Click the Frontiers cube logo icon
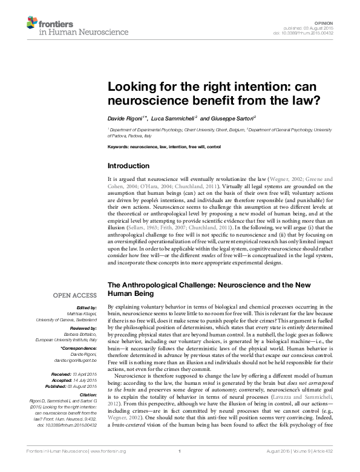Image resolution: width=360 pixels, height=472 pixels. click(x=32, y=24)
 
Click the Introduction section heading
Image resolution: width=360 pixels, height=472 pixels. click(x=128, y=166)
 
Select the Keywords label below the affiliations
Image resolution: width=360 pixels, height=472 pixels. click(x=118, y=147)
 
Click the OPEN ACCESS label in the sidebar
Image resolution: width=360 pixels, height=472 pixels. click(x=76, y=295)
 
